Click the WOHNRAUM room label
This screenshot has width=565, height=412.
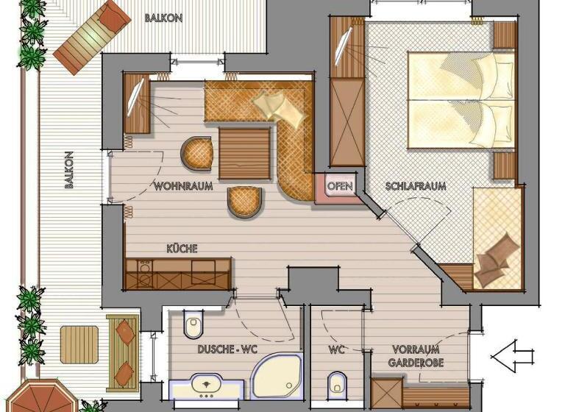pyautogui.click(x=183, y=186)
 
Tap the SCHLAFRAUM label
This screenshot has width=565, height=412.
pyautogui.click(x=416, y=186)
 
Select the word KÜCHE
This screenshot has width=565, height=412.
pyautogui.click(x=182, y=249)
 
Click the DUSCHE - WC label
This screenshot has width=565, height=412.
pyautogui.click(x=227, y=349)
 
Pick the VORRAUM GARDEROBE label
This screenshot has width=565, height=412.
pyautogui.click(x=416, y=356)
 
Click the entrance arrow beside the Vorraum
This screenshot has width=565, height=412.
pyautogui.click(x=512, y=356)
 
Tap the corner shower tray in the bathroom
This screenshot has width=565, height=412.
pyautogui.click(x=277, y=376)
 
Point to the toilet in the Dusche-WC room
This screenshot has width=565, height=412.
pyautogui.click(x=193, y=324)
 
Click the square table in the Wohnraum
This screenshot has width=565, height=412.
pyautogui.click(x=244, y=154)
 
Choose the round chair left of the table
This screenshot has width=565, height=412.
pyautogui.click(x=196, y=153)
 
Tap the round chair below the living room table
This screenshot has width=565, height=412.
pyautogui.click(x=244, y=202)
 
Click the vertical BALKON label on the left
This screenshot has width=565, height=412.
pyautogui.click(x=69, y=170)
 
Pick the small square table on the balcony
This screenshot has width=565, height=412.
pyautogui.click(x=79, y=344)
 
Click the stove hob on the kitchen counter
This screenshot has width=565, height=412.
pyautogui.click(x=145, y=273)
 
